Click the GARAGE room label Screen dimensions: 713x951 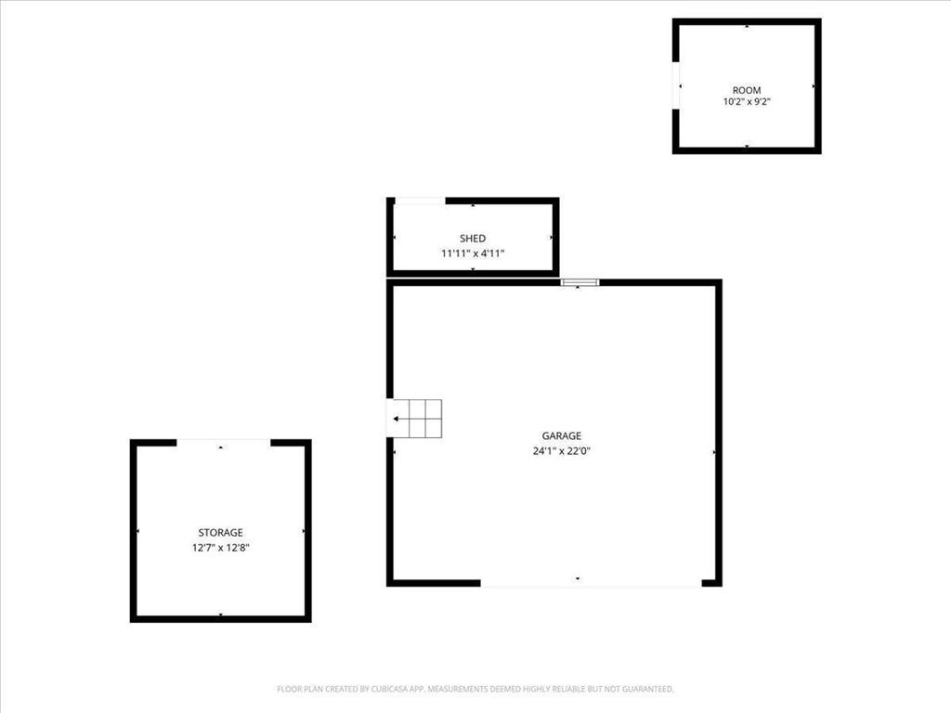[x=562, y=435]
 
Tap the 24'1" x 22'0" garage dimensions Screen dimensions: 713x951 [x=562, y=452]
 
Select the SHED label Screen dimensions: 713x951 [x=473, y=239]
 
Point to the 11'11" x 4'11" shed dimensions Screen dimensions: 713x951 [x=473, y=253]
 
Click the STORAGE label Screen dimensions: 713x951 [x=220, y=533]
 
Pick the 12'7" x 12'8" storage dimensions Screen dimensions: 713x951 [x=220, y=548]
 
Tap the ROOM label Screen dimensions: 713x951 [x=747, y=90]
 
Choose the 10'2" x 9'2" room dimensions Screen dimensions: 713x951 [x=747, y=102]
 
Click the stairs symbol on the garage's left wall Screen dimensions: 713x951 [x=415, y=419]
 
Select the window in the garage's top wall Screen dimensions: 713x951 [x=580, y=282]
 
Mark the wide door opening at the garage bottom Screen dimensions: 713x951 [x=591, y=584]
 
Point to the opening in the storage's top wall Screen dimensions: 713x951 [x=223, y=442]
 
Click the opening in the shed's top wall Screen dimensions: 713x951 [x=420, y=201]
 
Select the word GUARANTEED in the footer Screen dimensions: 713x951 [x=646, y=689]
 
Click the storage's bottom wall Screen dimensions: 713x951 [x=220, y=618]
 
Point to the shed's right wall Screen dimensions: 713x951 [x=555, y=238]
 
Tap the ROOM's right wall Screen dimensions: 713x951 [x=817, y=85]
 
